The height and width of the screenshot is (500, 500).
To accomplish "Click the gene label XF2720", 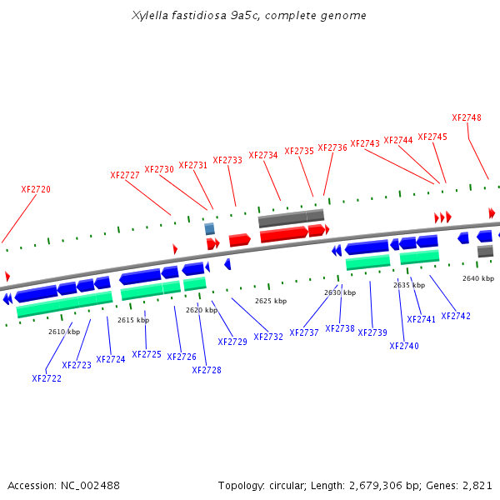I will [x=36, y=189].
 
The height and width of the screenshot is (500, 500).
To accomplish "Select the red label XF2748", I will [x=467, y=117].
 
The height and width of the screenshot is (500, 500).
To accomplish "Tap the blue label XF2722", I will [x=47, y=378].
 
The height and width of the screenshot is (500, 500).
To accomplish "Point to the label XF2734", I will [x=263, y=155].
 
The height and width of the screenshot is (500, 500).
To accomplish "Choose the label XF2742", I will [x=456, y=316].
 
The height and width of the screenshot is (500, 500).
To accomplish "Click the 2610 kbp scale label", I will [x=64, y=332].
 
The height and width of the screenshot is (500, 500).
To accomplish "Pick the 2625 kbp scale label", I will [x=271, y=301].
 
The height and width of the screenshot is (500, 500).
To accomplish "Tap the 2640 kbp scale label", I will [x=478, y=277].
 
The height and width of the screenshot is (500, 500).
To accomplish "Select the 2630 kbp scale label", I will [x=340, y=292].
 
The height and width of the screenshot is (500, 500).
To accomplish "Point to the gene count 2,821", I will [x=477, y=485].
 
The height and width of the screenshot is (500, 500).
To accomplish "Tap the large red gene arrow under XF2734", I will [x=283, y=235].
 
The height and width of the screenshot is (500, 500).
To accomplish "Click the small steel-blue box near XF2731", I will [x=210, y=228].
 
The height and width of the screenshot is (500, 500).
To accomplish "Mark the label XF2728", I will [x=207, y=370].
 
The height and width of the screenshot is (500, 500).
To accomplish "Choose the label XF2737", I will [x=304, y=332].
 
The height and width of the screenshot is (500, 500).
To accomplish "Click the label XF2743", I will [x=365, y=143].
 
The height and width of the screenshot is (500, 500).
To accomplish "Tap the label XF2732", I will [x=268, y=337].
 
